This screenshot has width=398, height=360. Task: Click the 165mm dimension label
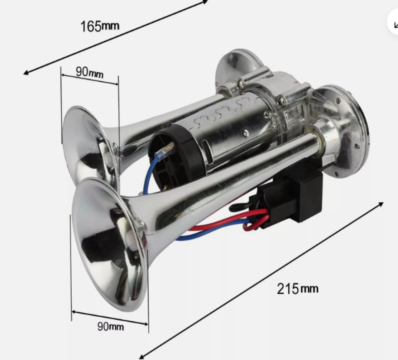pyautogui.click(x=100, y=26)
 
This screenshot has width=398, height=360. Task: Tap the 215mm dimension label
pyautogui.click(x=297, y=289)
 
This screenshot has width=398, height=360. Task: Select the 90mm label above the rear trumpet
pyautogui.click(x=90, y=73)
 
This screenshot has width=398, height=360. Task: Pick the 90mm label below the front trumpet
pyautogui.click(x=111, y=326)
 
